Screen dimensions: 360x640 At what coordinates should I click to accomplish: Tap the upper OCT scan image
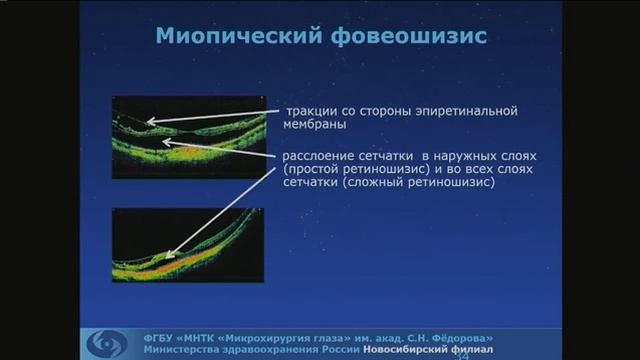click(188, 137)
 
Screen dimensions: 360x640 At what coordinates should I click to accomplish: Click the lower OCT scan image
click(188, 246)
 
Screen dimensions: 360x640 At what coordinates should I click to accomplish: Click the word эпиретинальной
click(474, 111)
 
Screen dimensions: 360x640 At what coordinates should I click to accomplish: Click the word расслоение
click(320, 158)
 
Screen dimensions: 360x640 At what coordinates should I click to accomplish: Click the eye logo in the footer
click(105, 342)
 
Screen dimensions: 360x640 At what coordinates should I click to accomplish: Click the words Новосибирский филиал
click(435, 350)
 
